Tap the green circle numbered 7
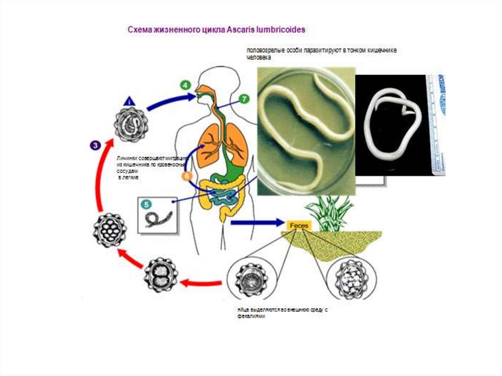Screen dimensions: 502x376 click(x=244, y=99)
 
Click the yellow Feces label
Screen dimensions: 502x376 click(x=298, y=225)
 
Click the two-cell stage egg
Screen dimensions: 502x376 click(x=161, y=275)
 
